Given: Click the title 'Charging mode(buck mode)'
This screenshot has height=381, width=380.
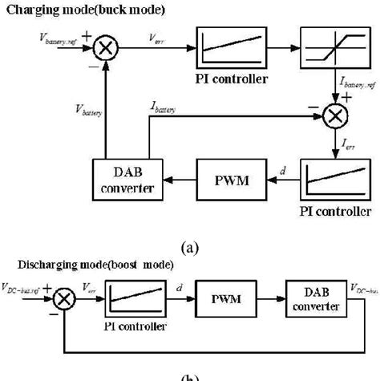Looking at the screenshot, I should coord(83,9).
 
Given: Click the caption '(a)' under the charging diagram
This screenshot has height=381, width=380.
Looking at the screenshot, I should coord(190,247).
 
